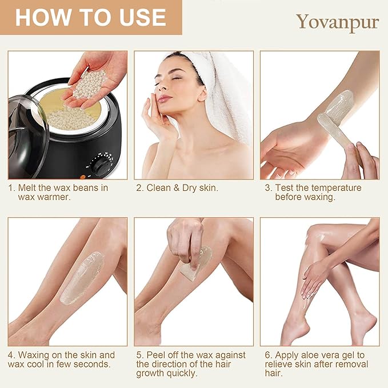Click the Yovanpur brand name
[x=338, y=22]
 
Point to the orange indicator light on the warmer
[x=83, y=177]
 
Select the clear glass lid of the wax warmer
[x=27, y=137]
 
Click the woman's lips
[x=164, y=99]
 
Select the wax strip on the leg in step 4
[x=82, y=278]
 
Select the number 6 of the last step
[x=267, y=355]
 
